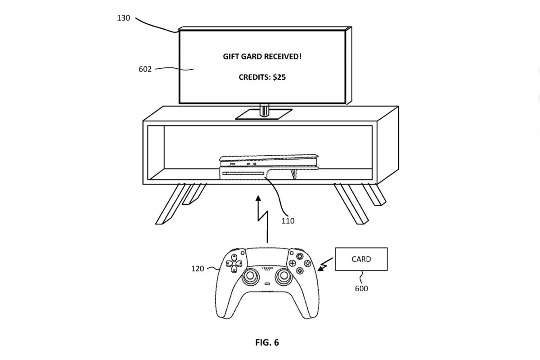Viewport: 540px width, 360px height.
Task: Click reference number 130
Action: (123, 18)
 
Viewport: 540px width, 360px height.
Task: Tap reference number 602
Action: (145, 69)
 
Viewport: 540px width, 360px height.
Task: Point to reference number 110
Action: (288, 221)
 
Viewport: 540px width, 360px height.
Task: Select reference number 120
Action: (198, 269)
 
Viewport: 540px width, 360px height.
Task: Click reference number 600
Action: (361, 288)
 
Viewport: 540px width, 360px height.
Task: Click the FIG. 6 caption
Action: (267, 342)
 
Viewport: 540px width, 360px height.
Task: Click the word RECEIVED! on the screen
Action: (283, 57)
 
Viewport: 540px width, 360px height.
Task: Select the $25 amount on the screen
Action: (279, 77)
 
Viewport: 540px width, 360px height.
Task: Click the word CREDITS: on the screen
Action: (255, 77)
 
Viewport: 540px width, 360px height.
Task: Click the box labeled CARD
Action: (361, 259)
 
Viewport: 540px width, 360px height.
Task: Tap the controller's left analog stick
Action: (251, 276)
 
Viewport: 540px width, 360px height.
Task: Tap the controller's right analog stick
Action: (284, 276)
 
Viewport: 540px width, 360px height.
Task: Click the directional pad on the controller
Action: (234, 263)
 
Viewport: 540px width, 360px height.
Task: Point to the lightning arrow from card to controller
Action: (325, 265)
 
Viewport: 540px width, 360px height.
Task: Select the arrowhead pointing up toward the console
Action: (258, 198)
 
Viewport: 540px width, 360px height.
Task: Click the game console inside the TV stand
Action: (269, 167)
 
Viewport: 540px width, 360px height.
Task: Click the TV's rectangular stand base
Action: (264, 114)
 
